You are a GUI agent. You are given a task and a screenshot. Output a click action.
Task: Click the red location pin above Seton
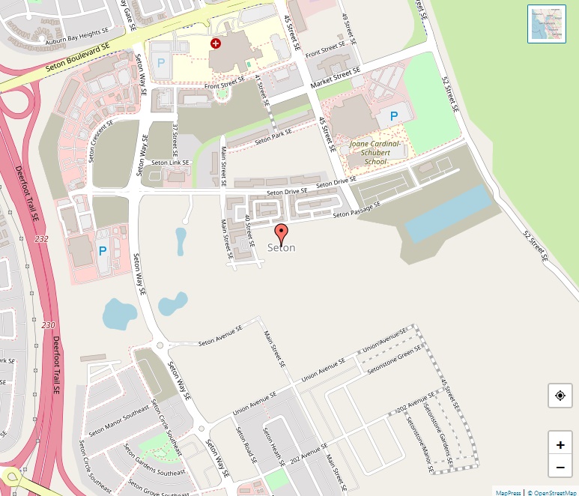pos(281,233)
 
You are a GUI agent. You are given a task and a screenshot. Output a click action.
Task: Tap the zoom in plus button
pos(560,444)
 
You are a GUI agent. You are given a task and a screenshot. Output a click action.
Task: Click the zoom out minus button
pos(560,468)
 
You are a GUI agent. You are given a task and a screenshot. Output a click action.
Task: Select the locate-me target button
pos(560,395)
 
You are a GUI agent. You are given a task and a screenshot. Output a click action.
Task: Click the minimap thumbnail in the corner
pos(546,24)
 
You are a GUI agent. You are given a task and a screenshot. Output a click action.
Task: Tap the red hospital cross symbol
pos(216,44)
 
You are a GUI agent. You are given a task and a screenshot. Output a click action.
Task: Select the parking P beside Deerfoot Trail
pos(103,251)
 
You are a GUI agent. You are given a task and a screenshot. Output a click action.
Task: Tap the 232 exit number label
pos(41,238)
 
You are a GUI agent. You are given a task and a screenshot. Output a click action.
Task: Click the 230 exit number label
pos(49,325)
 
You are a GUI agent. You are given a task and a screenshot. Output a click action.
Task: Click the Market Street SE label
pos(336,78)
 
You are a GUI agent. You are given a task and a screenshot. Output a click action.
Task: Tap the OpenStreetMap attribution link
pos(553,492)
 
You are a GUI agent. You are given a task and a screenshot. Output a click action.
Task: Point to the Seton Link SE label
pos(170,162)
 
